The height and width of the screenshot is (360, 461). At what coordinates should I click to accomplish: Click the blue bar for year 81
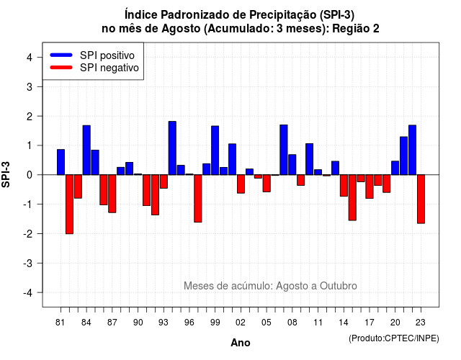click(61, 162)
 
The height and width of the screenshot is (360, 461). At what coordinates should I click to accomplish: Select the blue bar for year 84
click(86, 150)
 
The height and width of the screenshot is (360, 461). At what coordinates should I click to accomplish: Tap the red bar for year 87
click(112, 194)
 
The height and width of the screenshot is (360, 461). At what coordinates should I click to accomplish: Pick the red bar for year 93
click(164, 181)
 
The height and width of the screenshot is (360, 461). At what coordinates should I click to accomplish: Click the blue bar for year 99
click(215, 150)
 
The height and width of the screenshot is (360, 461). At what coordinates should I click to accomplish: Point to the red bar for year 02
click(241, 184)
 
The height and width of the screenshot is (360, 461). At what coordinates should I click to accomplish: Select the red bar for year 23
click(421, 199)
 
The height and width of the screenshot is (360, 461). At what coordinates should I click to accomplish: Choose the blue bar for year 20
click(395, 168)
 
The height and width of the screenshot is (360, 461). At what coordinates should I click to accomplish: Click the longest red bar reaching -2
click(69, 204)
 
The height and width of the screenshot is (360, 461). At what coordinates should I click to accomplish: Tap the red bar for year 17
click(370, 186)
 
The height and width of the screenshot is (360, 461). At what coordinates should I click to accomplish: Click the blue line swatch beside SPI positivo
click(61, 55)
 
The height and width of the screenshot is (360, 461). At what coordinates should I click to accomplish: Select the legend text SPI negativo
click(109, 68)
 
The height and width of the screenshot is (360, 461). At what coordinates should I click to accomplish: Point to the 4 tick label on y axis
click(30, 58)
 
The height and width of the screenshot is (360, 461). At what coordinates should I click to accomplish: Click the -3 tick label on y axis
click(28, 264)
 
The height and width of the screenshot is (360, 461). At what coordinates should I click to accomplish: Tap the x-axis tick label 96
click(189, 323)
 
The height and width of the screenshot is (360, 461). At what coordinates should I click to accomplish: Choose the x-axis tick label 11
click(318, 323)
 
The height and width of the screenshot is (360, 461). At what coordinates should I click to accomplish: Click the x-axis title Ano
click(241, 343)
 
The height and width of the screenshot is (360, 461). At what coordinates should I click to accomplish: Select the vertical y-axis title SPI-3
click(6, 174)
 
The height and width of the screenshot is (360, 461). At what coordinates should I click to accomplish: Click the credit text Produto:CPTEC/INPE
click(394, 338)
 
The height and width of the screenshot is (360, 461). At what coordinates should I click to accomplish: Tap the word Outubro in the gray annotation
click(339, 286)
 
